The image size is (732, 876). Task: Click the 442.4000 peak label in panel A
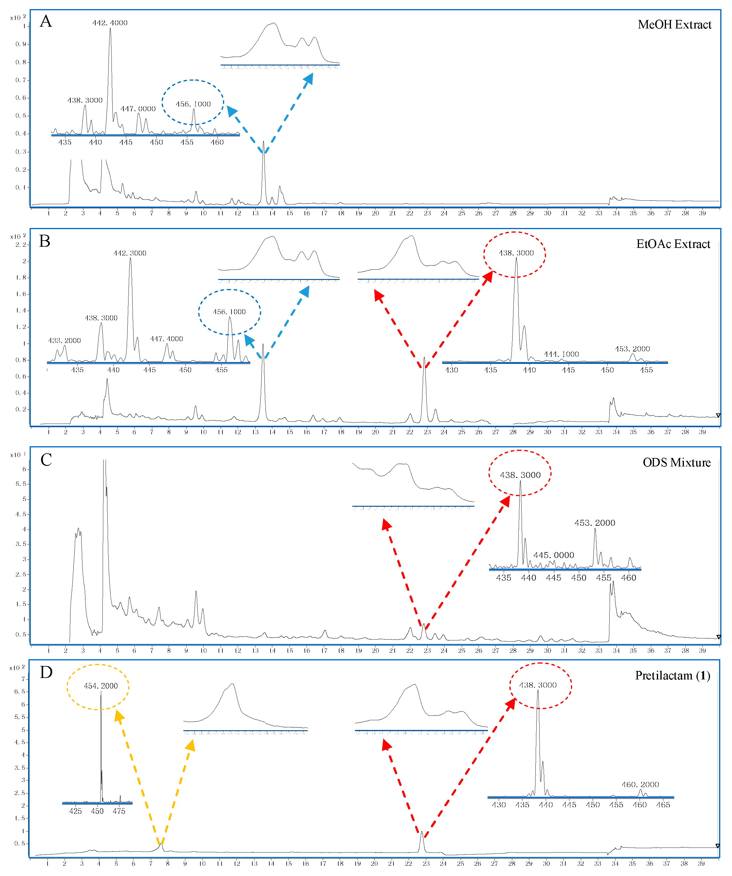tap(110, 23)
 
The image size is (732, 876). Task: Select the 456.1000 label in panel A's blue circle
tap(193, 104)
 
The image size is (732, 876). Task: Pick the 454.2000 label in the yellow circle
tap(101, 686)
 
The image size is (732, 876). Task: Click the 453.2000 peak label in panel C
tap(594, 523)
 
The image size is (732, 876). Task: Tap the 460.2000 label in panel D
tap(640, 785)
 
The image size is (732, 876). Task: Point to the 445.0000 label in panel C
tap(554, 555)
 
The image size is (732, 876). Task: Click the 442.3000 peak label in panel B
tap(130, 253)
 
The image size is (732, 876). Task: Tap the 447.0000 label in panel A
tap(138, 109)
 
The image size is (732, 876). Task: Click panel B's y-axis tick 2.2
tap(21, 244)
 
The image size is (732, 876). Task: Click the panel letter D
tap(46, 672)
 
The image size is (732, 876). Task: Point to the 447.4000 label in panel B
tap(166, 339)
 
